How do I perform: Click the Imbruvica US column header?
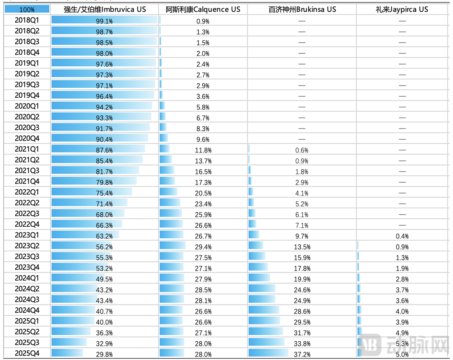point(105,9)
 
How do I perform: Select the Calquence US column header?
point(203,9)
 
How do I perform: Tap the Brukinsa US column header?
point(302,9)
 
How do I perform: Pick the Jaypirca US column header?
point(402,9)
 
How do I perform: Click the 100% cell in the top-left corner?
point(27,9)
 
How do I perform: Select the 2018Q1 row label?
point(27,20)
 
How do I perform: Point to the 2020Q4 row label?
point(27,138)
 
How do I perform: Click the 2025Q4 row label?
point(27,353)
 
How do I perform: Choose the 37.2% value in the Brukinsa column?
point(301,354)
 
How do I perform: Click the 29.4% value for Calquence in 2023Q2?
point(203,247)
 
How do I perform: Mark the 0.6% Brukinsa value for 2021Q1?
point(301,150)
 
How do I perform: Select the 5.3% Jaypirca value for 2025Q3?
point(402,343)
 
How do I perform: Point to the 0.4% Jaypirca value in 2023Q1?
point(402,236)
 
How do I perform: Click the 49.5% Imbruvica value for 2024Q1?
point(104,279)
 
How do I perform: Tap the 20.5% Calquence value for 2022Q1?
point(203,193)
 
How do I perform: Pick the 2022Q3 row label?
point(27,214)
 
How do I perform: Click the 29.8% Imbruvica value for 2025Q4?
point(104,354)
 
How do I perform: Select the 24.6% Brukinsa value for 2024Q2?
point(301,290)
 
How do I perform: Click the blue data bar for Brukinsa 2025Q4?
point(268,353)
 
